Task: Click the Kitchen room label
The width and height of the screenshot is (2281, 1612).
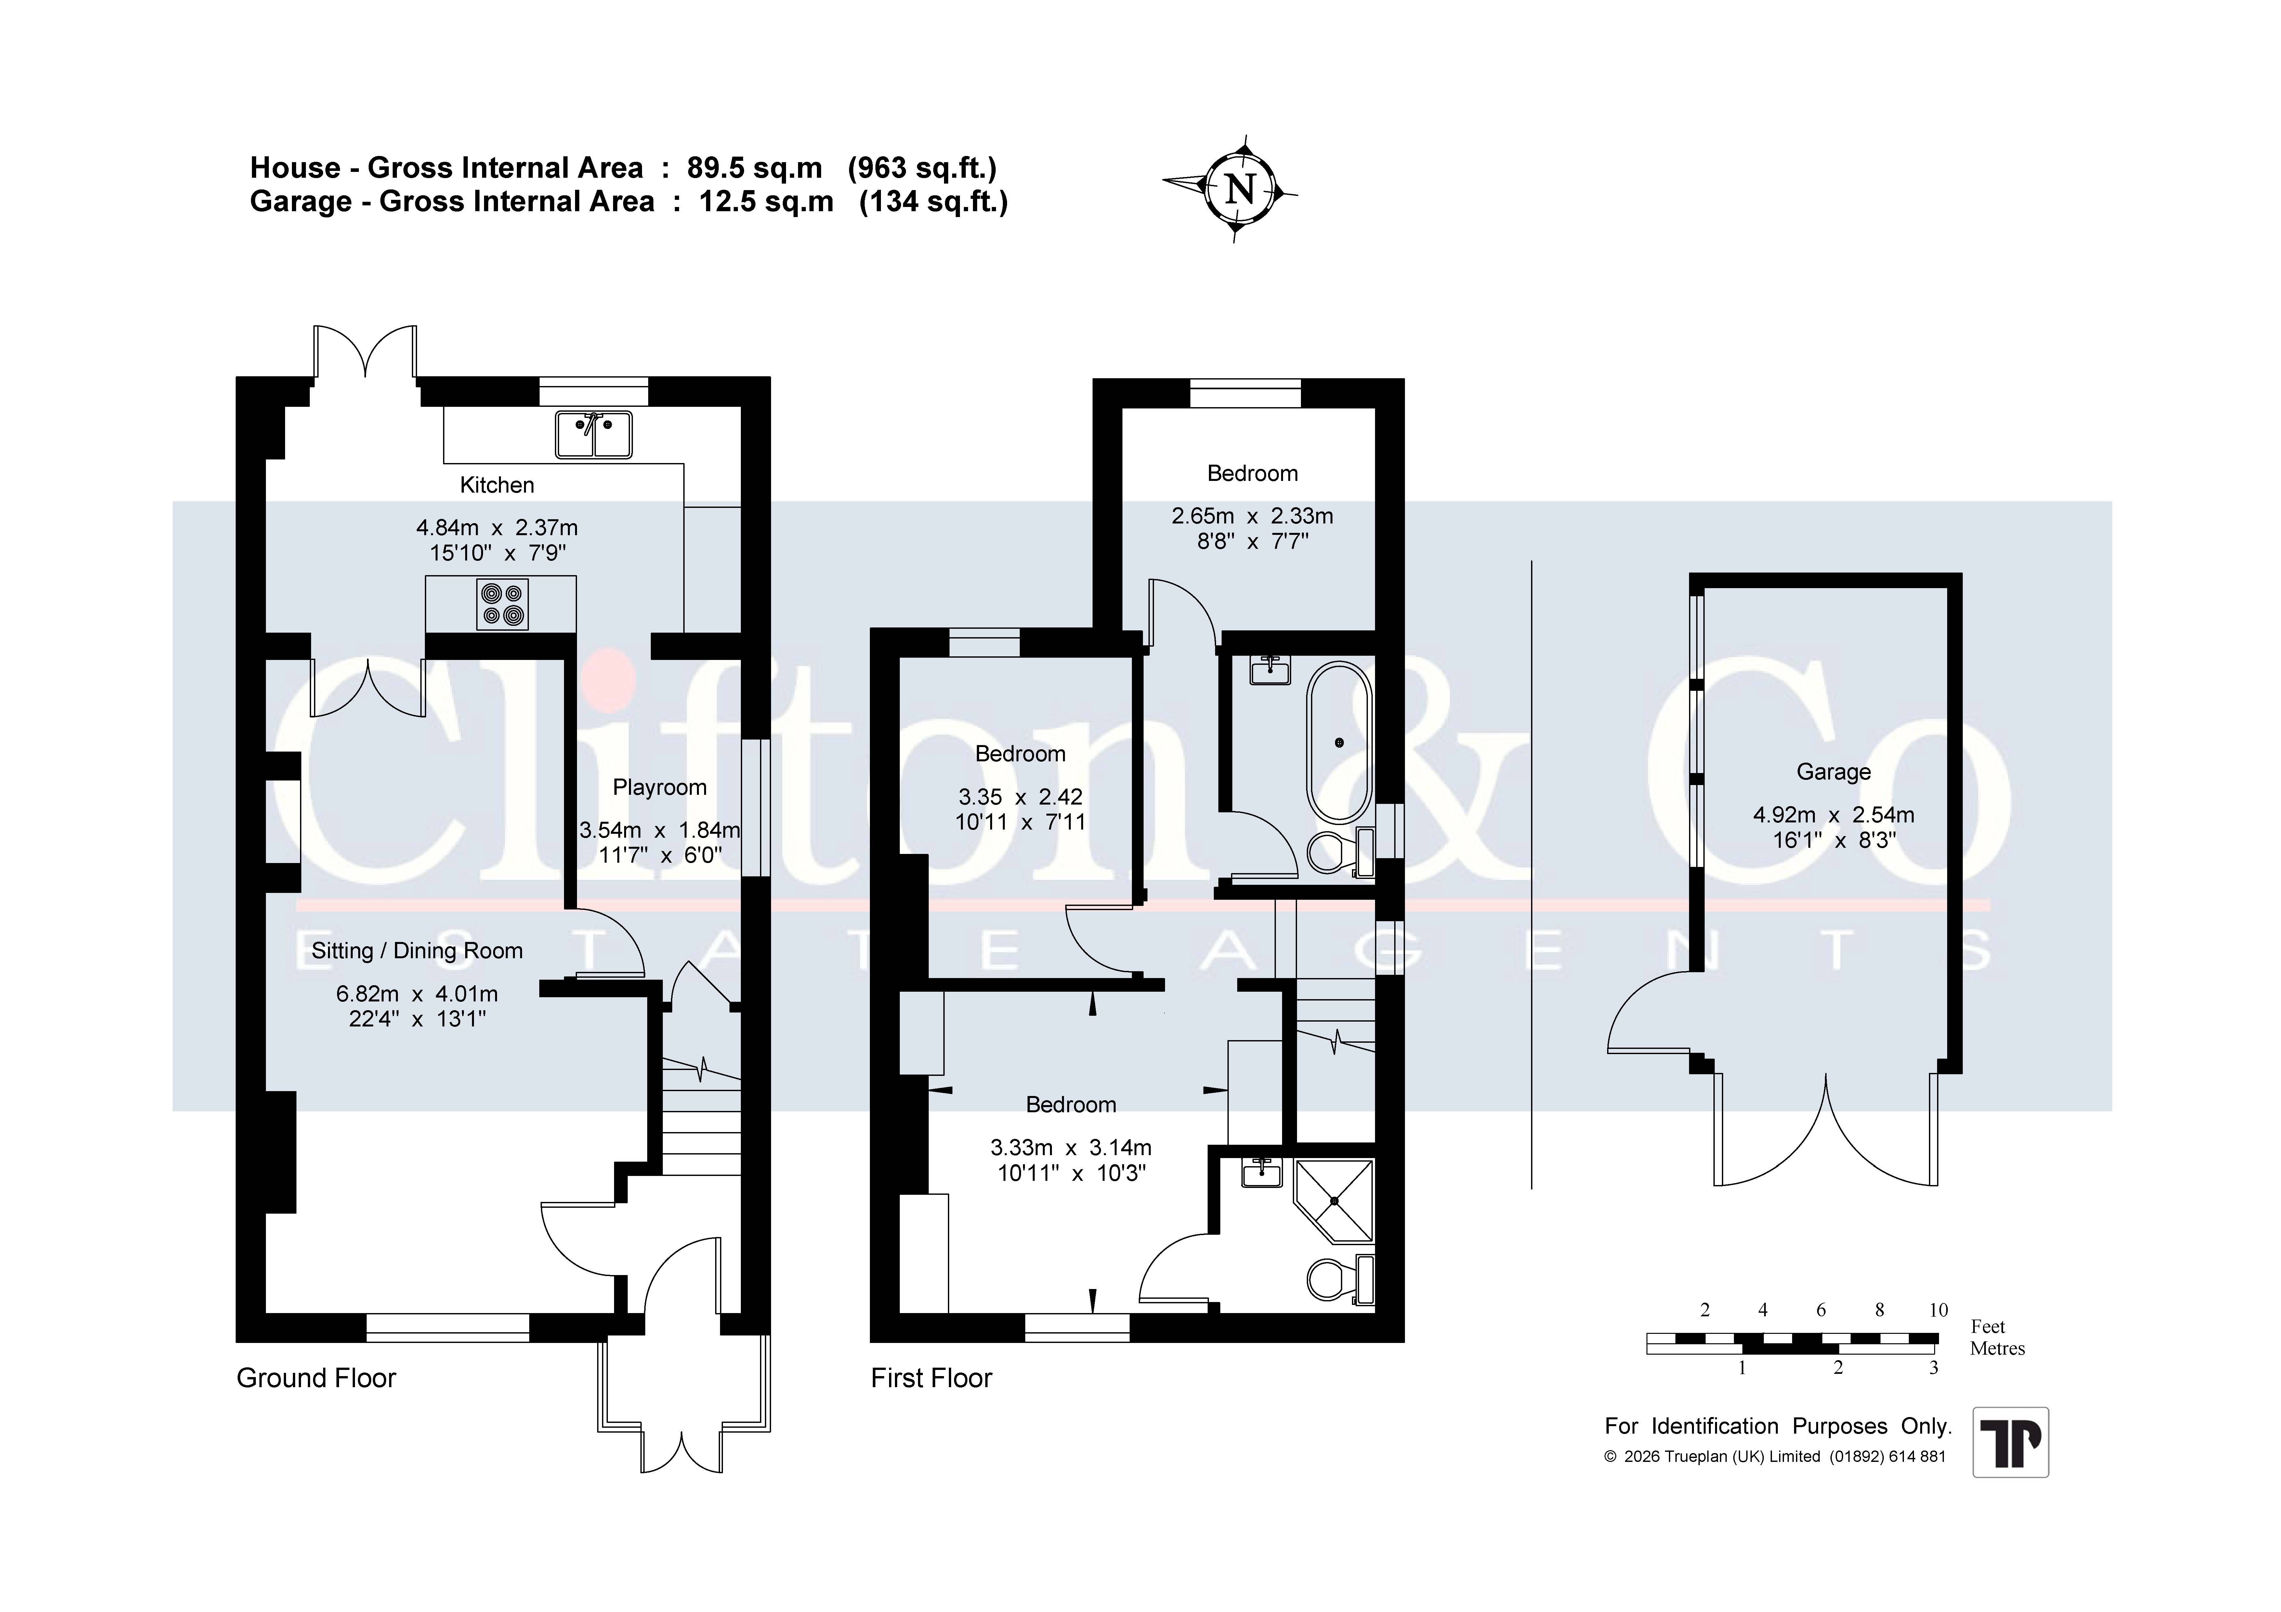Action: tap(497, 485)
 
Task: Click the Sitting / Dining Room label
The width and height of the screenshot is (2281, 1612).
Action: tap(417, 950)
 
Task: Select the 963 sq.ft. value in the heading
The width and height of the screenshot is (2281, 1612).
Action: tap(922, 168)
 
